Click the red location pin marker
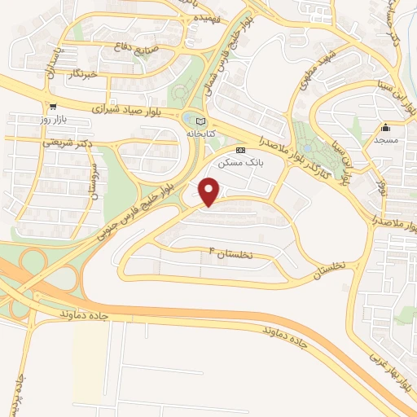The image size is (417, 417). [210, 192]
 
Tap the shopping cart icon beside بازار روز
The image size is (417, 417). [53, 107]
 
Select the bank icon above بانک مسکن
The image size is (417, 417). [239, 151]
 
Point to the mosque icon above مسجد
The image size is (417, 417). [385, 128]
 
